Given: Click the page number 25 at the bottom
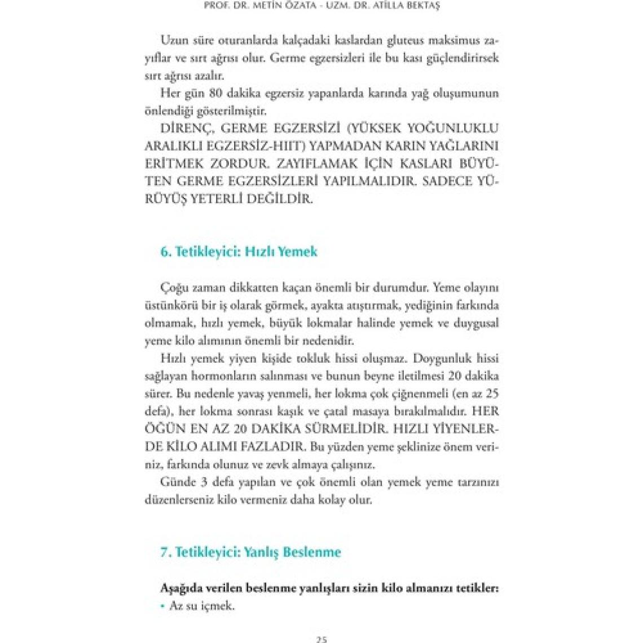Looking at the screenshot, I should tap(321, 639).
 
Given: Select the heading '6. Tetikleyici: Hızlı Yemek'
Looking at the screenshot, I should tap(239, 252).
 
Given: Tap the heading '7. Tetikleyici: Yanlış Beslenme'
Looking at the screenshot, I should tap(250, 552).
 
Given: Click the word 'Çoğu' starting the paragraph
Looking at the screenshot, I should tap(173, 288).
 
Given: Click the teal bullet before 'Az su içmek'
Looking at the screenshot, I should tap(162, 607).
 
